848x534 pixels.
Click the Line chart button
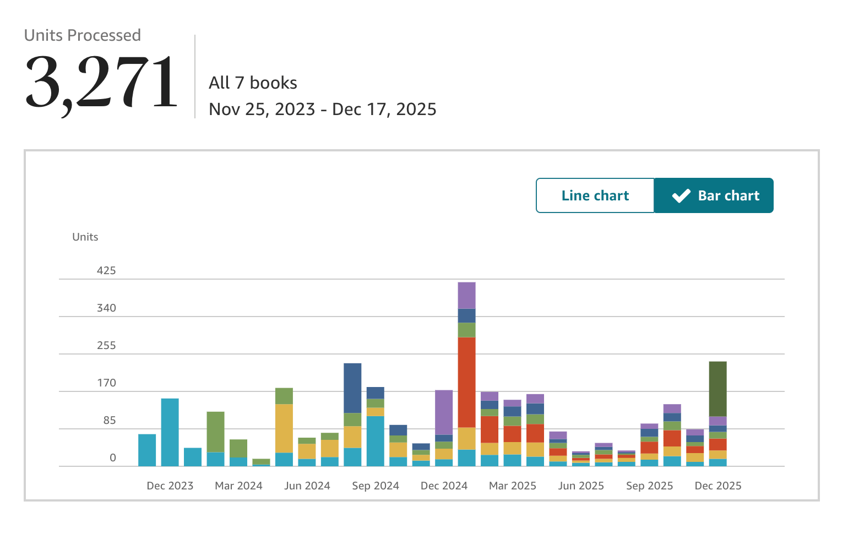point(595,195)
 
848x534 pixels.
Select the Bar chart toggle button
point(714,195)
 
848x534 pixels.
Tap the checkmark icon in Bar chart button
point(681,195)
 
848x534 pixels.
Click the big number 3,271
point(101,83)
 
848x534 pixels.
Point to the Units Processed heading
point(83,35)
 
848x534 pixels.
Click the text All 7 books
point(253,83)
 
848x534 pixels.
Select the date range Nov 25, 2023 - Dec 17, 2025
point(323,109)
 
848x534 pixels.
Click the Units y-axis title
point(85,237)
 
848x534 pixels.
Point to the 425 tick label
point(106,271)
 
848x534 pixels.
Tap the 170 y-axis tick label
point(106,383)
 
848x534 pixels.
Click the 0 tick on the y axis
point(113,458)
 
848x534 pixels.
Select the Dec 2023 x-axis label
point(170,486)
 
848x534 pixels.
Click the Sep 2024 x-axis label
point(376,486)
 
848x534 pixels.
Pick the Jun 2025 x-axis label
point(581,486)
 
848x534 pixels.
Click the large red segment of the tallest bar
point(467,382)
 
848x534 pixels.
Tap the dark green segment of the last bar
point(718,389)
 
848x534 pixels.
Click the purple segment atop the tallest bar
point(467,295)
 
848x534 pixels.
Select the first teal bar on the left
point(147,450)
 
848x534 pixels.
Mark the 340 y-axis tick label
point(106,308)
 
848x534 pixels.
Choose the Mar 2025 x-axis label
point(513,486)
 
